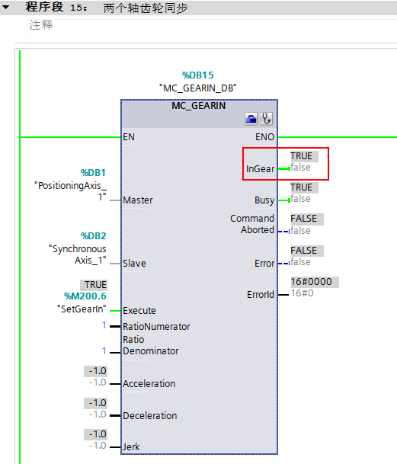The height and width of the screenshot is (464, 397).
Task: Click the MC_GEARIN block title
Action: click(x=198, y=105)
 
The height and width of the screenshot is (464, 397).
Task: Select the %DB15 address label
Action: click(x=198, y=75)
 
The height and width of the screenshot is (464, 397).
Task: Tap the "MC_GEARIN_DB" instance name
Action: click(x=198, y=88)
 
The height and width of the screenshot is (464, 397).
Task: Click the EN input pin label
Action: click(x=129, y=138)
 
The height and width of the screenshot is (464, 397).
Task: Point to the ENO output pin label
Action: click(x=265, y=138)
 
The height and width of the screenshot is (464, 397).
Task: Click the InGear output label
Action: click(x=260, y=168)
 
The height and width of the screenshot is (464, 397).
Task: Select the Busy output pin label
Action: click(x=264, y=200)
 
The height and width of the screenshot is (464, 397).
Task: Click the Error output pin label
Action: click(x=264, y=264)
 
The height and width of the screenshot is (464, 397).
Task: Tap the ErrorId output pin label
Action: click(x=260, y=294)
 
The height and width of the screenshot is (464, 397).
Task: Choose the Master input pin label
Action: click(x=138, y=200)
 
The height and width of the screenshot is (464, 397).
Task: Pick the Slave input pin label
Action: click(x=134, y=264)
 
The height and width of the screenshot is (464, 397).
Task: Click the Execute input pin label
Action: click(x=139, y=311)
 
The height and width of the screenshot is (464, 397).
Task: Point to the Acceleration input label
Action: click(x=149, y=384)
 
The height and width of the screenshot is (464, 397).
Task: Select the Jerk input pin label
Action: click(x=131, y=447)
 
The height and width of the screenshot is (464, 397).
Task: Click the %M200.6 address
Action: click(x=85, y=296)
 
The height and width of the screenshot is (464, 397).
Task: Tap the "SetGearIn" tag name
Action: click(x=82, y=309)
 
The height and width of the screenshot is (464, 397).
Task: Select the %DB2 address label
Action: click(x=94, y=235)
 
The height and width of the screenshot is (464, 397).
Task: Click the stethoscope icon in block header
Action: click(x=266, y=119)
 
